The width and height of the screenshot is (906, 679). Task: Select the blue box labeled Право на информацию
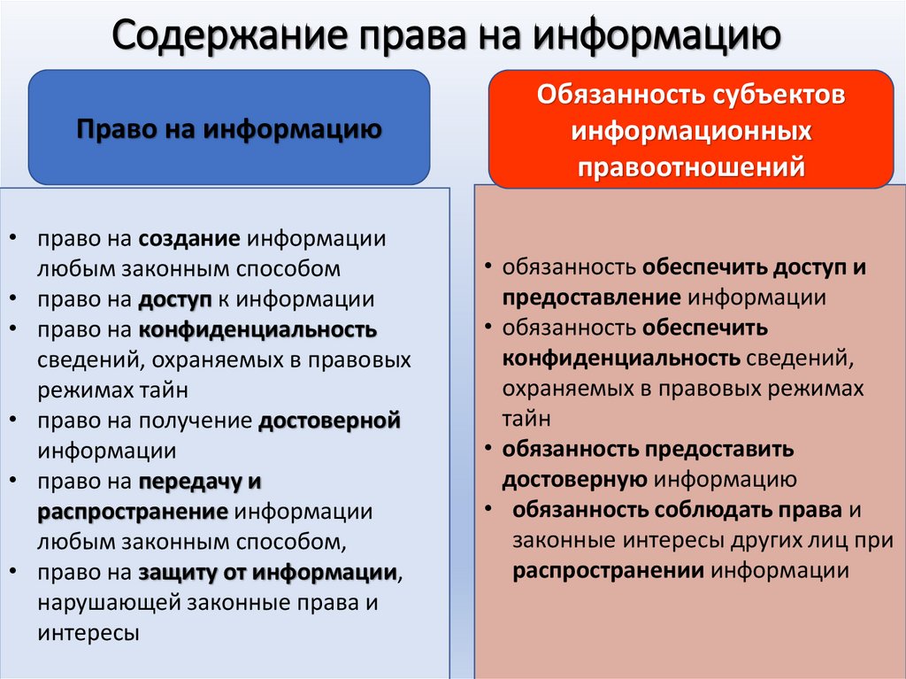pos(229,129)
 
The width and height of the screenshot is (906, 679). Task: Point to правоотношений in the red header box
pos(691,166)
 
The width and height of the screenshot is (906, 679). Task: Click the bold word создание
pos(190,239)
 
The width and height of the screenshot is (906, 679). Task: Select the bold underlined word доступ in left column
pos(170,299)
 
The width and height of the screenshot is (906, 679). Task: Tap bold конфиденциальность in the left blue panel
pos(257,330)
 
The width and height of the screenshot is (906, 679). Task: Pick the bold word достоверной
pos(330,421)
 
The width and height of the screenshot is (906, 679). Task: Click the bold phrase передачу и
pos(200,482)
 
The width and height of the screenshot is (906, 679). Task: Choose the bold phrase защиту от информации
pos(266,572)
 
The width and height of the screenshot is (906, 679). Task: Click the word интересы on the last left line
pos(88,633)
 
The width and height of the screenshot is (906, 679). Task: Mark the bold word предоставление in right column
pos(591,297)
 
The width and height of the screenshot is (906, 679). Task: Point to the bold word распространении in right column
pos(609,571)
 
